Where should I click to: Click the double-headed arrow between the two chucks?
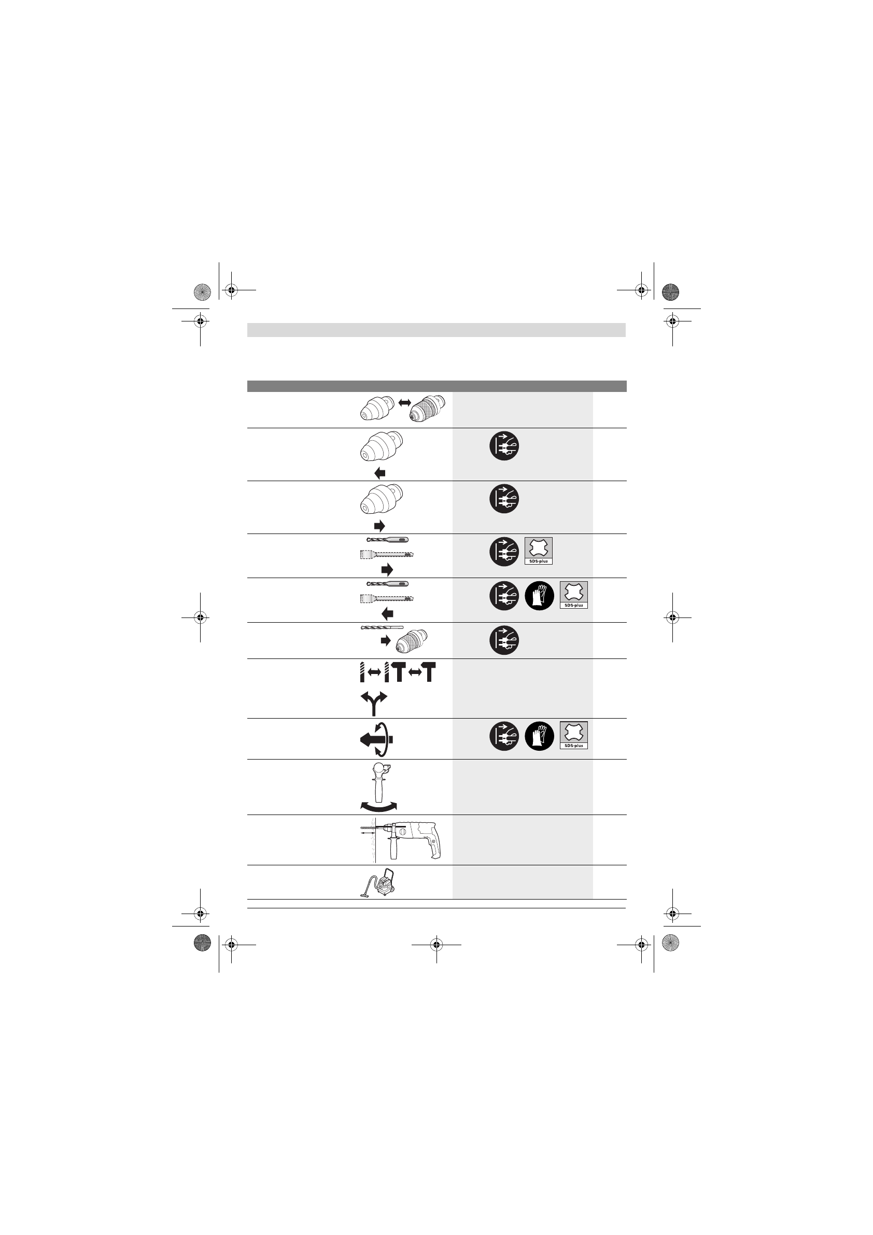coord(404,402)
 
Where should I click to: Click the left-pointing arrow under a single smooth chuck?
coord(380,473)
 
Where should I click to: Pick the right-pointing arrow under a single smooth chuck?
coord(380,526)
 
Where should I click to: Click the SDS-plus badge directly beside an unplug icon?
coord(539,551)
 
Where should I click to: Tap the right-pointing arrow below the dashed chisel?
coord(387,570)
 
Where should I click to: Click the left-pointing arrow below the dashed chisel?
coord(387,614)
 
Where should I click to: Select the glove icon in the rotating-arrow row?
coord(539,736)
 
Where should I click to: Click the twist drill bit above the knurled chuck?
coord(382,627)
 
